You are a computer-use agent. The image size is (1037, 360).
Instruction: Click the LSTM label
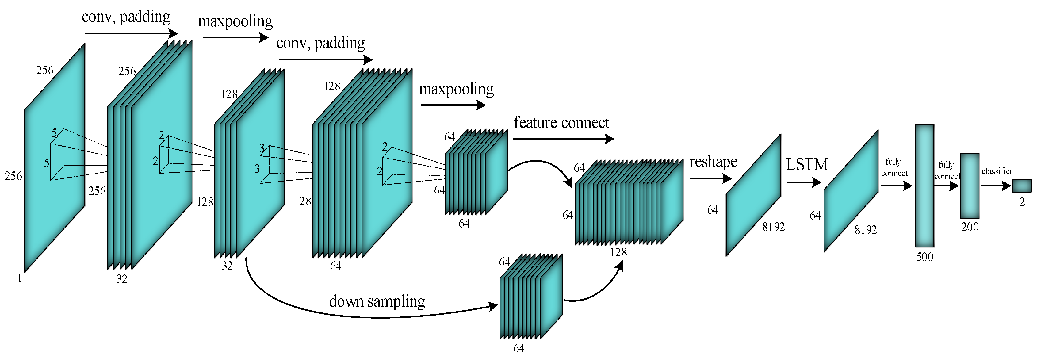[x=807, y=164]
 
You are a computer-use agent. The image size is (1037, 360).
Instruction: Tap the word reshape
[x=713, y=162]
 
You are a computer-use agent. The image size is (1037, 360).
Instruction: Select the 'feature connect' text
[x=561, y=122]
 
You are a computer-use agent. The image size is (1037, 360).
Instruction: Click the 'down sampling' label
[x=377, y=301]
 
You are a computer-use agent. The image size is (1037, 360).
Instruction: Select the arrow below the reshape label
[x=710, y=178]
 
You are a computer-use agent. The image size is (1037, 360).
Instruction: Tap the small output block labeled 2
[x=1022, y=186]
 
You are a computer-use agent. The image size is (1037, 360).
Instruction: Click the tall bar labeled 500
[x=924, y=185]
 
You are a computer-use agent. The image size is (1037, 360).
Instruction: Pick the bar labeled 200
[x=970, y=186]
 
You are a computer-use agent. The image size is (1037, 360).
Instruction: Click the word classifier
[x=997, y=171]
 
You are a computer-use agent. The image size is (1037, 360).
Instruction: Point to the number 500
[x=925, y=257]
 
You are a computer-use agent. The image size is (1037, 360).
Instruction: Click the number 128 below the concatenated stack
[x=618, y=252]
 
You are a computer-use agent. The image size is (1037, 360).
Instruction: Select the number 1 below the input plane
[x=19, y=278]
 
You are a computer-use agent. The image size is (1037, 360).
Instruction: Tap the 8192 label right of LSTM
[x=866, y=230]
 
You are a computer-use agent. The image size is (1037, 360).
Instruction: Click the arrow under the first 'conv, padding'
[x=131, y=33]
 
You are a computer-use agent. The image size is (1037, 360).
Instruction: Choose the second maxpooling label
[x=456, y=89]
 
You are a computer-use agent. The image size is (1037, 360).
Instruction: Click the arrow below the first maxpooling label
[x=235, y=37]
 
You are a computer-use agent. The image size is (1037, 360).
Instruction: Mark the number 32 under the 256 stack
[x=122, y=279]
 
